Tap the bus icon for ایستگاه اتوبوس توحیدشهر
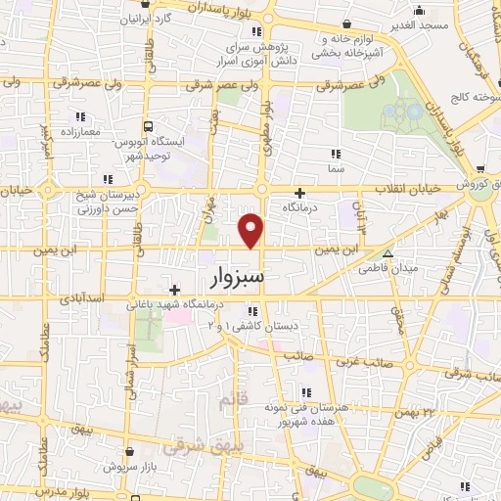pos(149,126)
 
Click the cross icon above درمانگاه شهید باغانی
pos(174,289)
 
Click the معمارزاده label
pos(81,130)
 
